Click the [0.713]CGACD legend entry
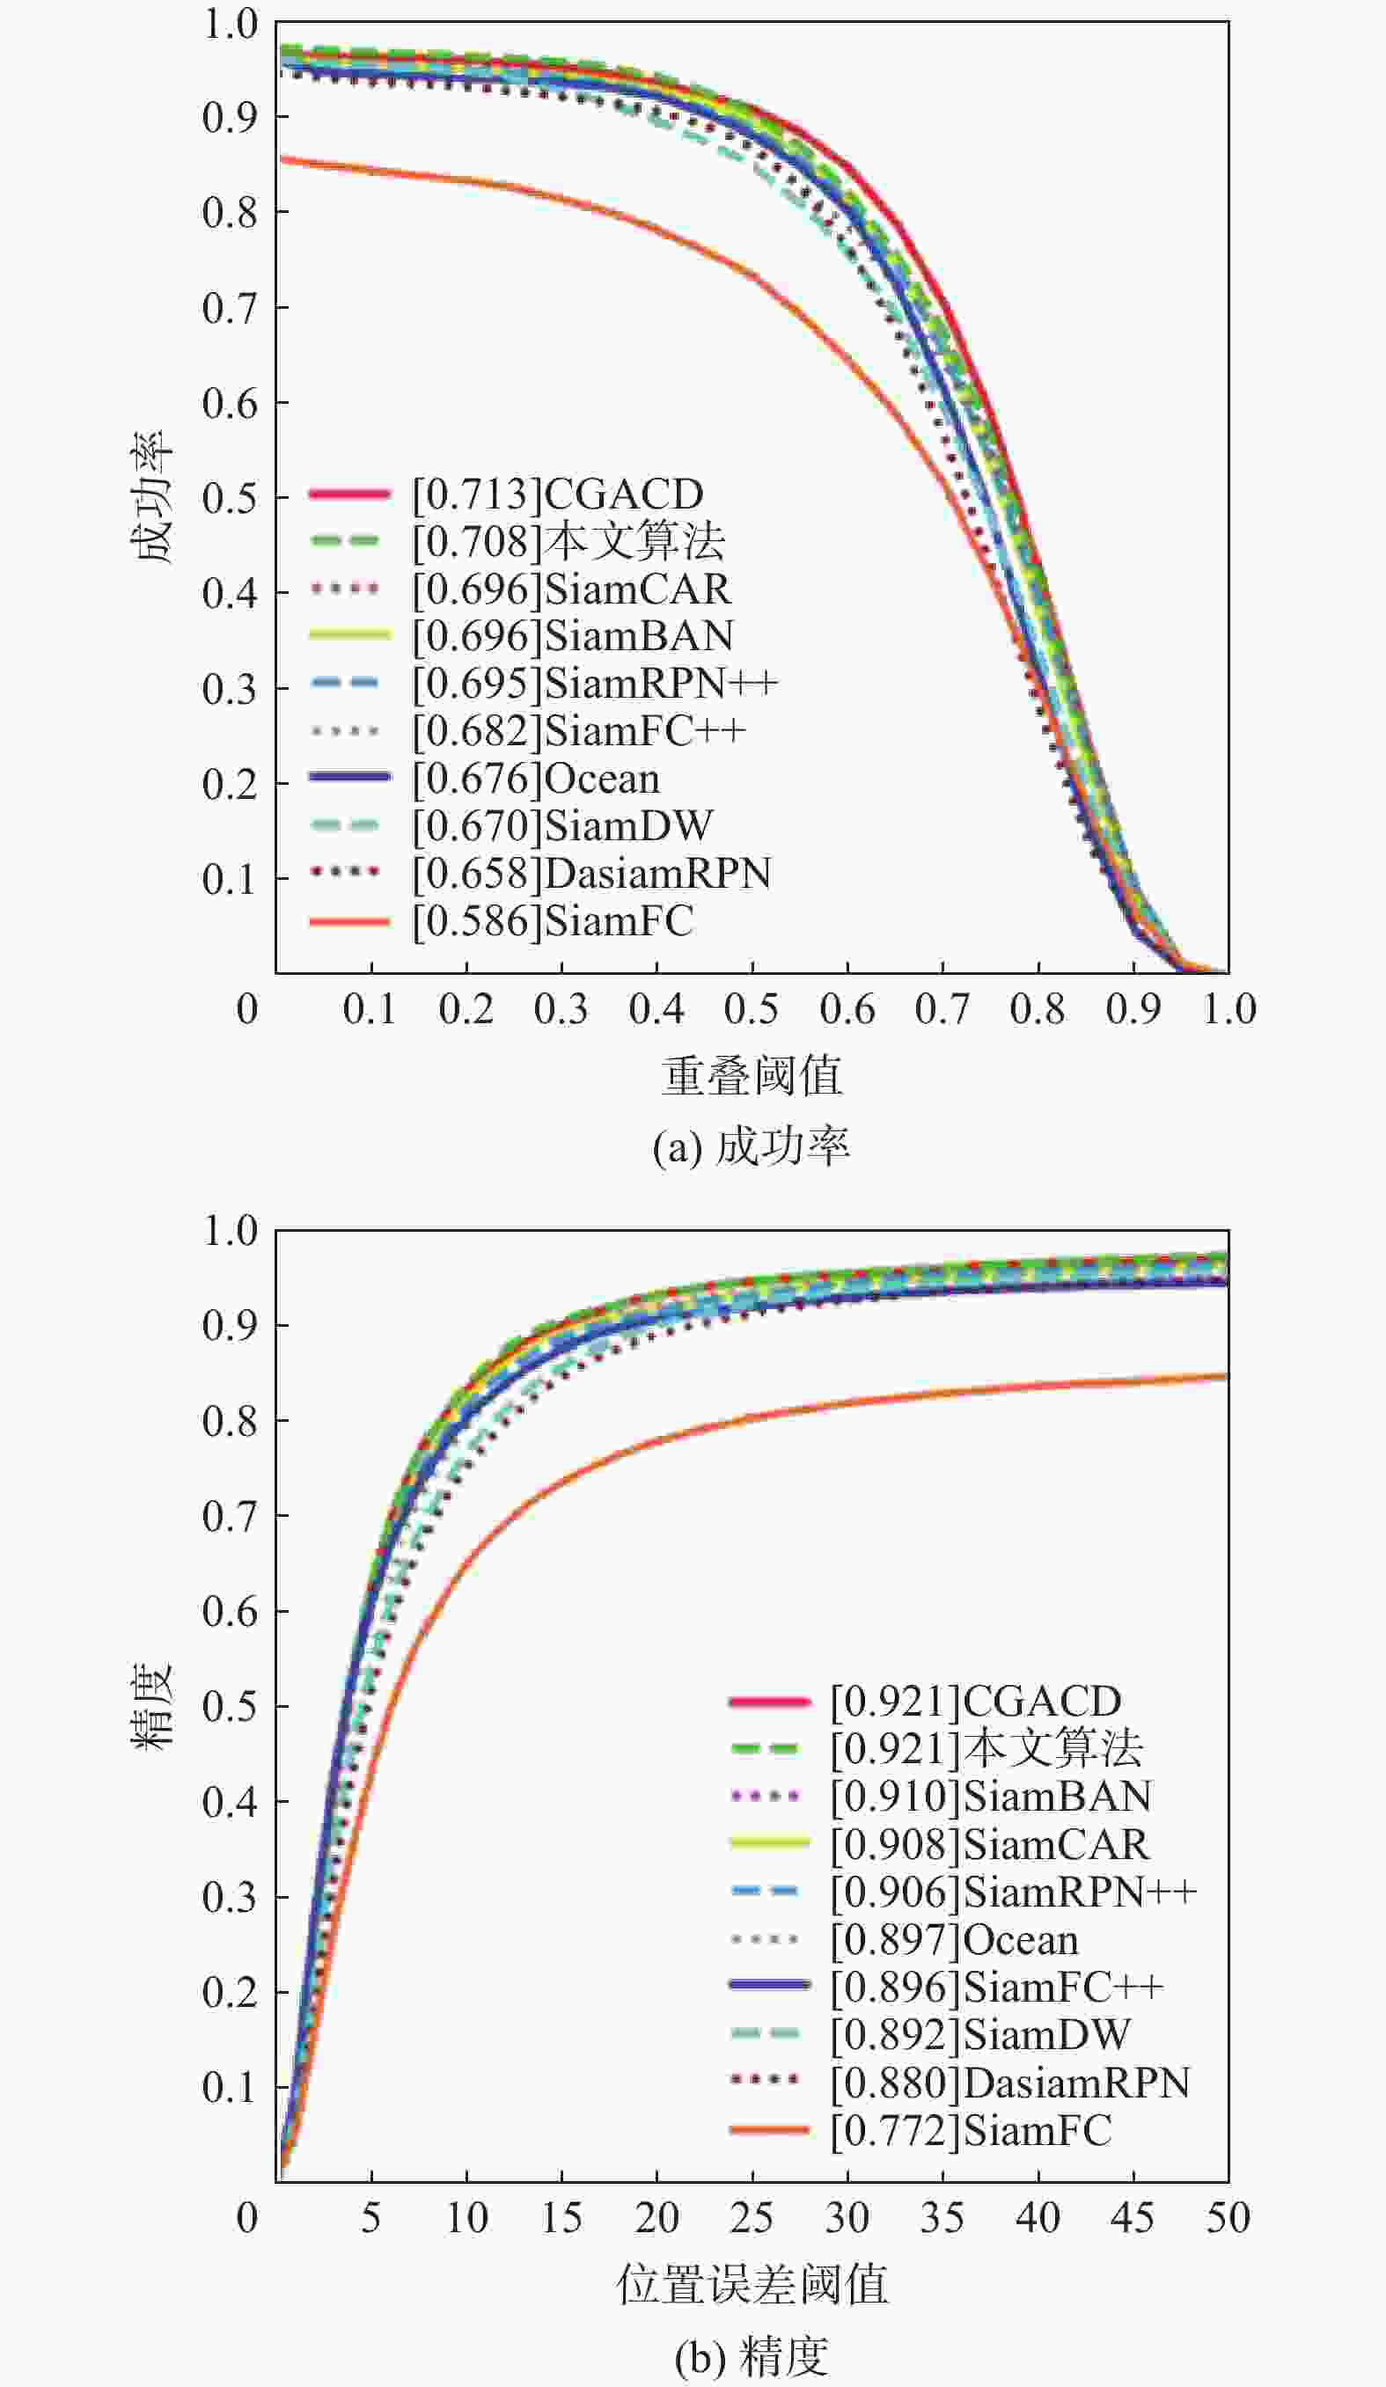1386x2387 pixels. tap(558, 494)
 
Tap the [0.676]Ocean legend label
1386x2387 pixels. tap(536, 779)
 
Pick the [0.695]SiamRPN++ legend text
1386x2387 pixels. tap(595, 683)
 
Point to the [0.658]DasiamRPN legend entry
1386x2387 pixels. tap(592, 874)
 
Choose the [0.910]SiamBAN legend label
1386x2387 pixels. tap(991, 1797)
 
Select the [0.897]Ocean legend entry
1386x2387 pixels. tap(955, 1940)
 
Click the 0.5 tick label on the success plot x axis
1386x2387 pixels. tap(752, 1010)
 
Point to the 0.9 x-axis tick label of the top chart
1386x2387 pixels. tap(1133, 1010)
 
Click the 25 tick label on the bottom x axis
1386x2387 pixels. tap(752, 2218)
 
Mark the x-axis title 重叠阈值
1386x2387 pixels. tap(752, 1076)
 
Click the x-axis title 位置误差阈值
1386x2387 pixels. tap(752, 2285)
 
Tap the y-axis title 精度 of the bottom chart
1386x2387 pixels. tap(151, 1706)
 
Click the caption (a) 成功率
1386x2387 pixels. tap(752, 1147)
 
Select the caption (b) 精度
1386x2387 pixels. tap(752, 2357)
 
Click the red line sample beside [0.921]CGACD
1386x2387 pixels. tap(769, 1702)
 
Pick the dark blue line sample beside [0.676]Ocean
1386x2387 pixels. tap(349, 777)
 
